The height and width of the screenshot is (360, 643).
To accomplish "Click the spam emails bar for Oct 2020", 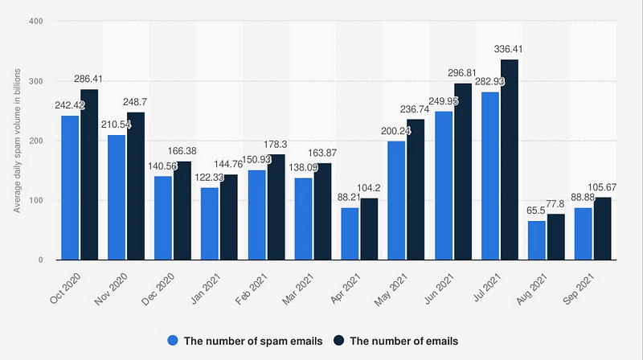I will tap(70, 188).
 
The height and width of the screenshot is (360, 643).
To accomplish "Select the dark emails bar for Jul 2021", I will tap(508, 160).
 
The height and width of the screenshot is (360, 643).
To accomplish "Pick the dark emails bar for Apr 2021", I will tap(369, 229).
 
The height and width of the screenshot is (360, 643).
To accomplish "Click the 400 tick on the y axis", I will tap(35, 22).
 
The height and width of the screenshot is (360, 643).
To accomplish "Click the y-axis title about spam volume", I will tap(17, 141).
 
